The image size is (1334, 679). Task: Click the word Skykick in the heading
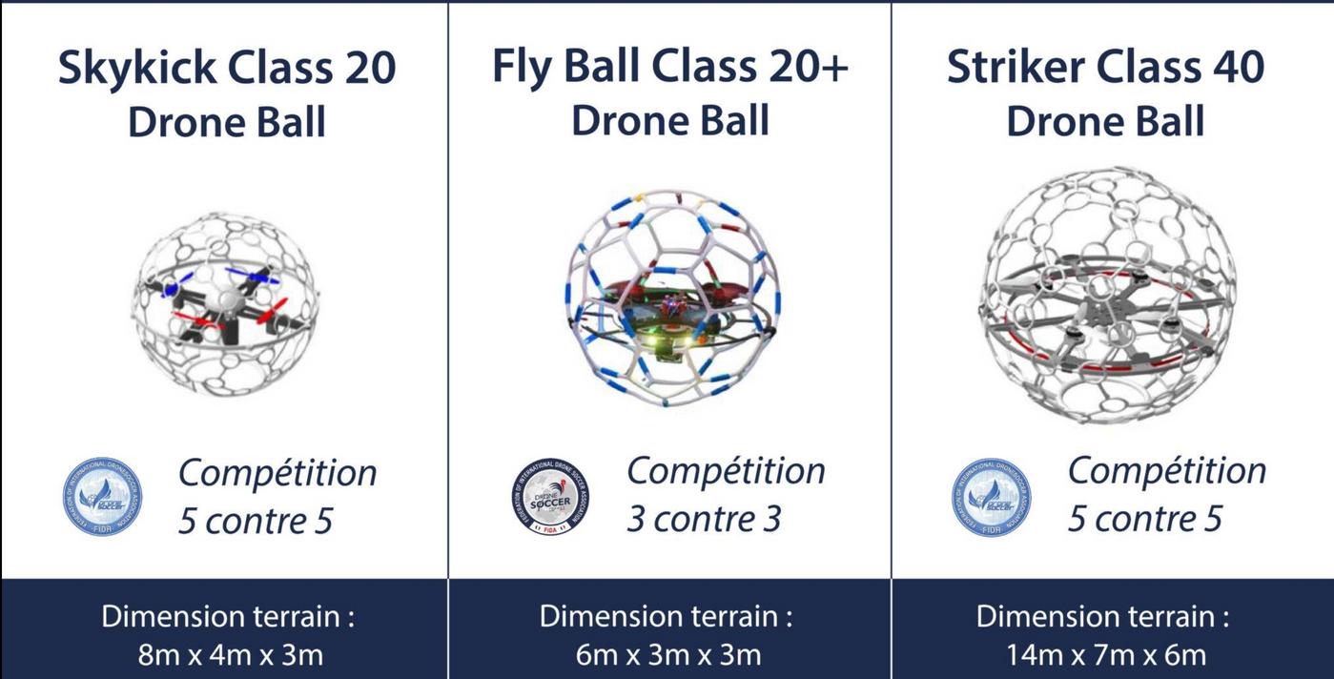tap(130, 69)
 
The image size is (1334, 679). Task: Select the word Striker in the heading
tap(1015, 68)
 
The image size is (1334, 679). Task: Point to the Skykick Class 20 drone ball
tap(225, 303)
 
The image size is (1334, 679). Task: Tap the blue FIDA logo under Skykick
tap(102, 497)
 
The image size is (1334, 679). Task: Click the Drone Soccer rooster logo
tap(549, 497)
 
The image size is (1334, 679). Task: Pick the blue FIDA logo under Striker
tap(991, 497)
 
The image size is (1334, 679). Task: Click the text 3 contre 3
tap(704, 519)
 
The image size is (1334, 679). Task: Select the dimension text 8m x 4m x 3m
tap(230, 655)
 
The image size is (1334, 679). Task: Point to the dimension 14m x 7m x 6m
tap(1105, 655)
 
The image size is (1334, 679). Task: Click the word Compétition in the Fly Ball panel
tap(726, 471)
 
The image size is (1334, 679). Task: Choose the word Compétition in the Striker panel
tap(1166, 471)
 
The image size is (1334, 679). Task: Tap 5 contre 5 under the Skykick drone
tap(255, 521)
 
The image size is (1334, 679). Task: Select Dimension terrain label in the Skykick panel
tap(228, 616)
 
